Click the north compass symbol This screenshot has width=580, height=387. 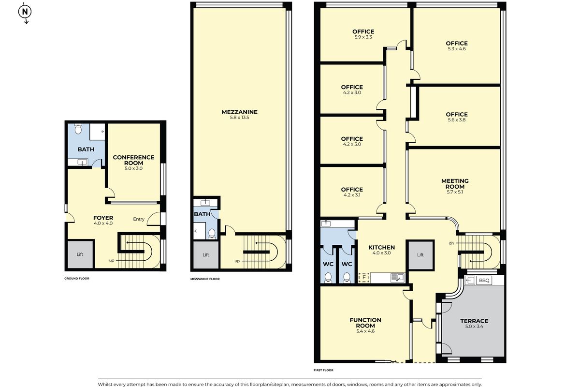(x=26, y=12)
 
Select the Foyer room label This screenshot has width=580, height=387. (x=103, y=221)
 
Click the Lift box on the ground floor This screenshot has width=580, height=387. (x=79, y=254)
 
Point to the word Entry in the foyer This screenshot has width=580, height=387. (x=139, y=219)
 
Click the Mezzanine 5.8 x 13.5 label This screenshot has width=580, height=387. (x=239, y=115)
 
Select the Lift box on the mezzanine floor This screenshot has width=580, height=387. (x=205, y=254)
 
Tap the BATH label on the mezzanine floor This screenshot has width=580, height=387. (x=202, y=214)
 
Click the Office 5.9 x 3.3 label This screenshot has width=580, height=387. (x=363, y=34)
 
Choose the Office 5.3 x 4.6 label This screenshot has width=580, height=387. (x=456, y=46)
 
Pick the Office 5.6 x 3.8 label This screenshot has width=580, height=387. (x=456, y=117)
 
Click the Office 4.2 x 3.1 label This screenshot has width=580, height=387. (x=351, y=192)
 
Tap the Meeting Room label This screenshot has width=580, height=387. (x=455, y=184)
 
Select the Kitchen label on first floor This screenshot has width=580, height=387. (x=381, y=250)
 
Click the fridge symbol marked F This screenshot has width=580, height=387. (x=363, y=278)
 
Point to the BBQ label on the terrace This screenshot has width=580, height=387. (x=484, y=280)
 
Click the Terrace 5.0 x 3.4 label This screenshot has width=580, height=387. (x=474, y=323)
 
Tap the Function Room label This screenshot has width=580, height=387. (x=365, y=325)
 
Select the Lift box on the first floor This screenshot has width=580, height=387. (x=420, y=254)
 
